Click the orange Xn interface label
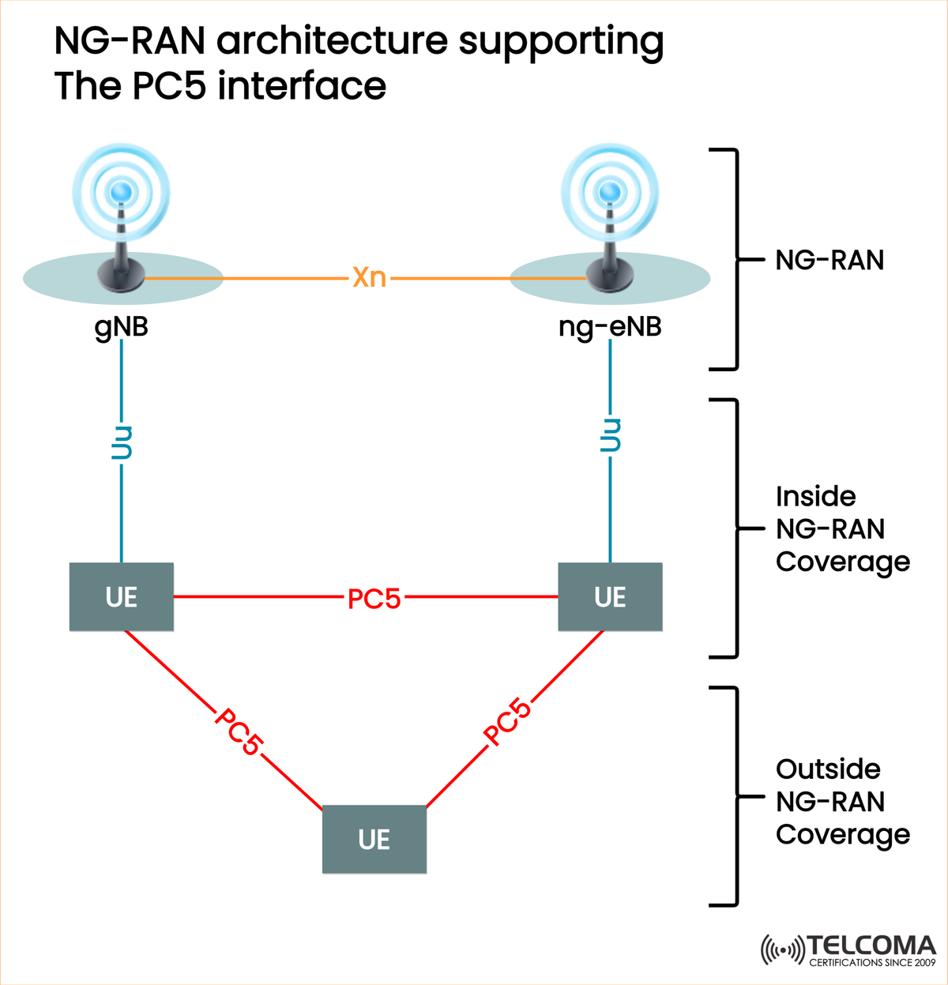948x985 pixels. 369,277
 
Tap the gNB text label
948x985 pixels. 121,326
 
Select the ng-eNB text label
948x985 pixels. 610,326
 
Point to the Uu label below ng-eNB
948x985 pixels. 610,435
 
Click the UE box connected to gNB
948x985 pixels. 121,597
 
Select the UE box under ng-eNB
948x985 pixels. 610,597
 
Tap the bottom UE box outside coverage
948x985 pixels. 374,839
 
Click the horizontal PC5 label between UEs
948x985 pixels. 374,599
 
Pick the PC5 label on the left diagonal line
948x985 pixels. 239,731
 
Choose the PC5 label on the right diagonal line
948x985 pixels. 507,722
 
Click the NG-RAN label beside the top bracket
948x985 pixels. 829,260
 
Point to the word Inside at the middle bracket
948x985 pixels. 815,496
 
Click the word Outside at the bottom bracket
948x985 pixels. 828,769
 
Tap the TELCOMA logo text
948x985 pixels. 871,946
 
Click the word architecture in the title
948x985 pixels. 333,41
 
